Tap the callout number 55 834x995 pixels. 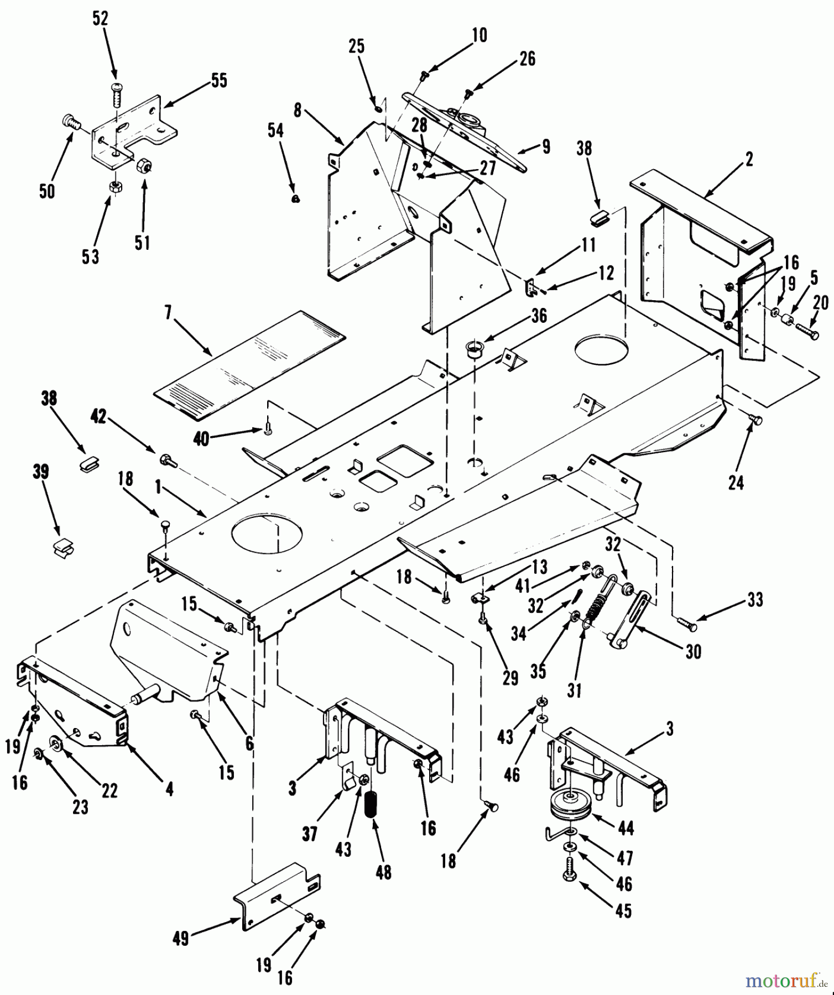coord(219,80)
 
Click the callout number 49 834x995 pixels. coord(181,938)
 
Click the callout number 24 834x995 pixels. coord(736,482)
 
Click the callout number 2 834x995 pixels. coord(748,160)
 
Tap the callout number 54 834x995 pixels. coord(275,131)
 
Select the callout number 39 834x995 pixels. coord(41,472)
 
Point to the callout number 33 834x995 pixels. coord(754,600)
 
